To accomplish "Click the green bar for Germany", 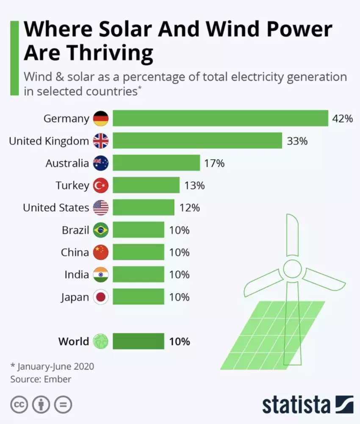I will [220, 118].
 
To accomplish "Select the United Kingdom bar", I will [197, 141].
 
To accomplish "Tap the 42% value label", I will [342, 119].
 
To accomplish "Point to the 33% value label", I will [297, 141].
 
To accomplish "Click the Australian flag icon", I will [101, 163].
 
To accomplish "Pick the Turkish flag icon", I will [101, 185].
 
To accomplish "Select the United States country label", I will [56, 208].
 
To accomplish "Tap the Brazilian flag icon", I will [101, 230].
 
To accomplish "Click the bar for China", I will [138, 252].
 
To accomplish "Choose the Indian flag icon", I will [101, 274].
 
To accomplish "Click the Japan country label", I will [75, 297].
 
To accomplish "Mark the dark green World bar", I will [138, 341].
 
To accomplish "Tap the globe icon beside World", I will [101, 341].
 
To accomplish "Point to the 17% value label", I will [214, 163].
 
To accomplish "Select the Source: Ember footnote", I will [41, 379].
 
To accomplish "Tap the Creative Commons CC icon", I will [19, 405].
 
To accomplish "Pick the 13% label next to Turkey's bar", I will [194, 185].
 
